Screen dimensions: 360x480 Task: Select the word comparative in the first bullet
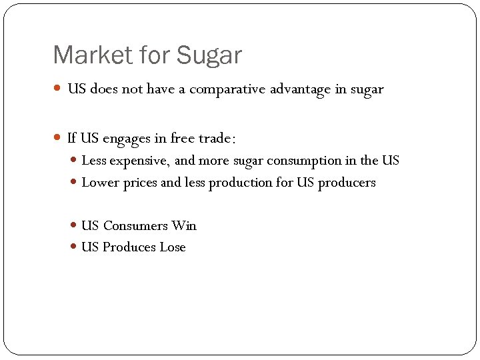coord(227,89)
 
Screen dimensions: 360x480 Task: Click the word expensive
coord(140,161)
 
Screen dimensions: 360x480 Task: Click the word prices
coord(141,183)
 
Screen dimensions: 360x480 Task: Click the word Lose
coord(173,247)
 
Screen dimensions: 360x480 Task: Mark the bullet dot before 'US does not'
coord(58,89)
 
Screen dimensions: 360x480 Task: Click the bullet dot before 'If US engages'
coord(58,139)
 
